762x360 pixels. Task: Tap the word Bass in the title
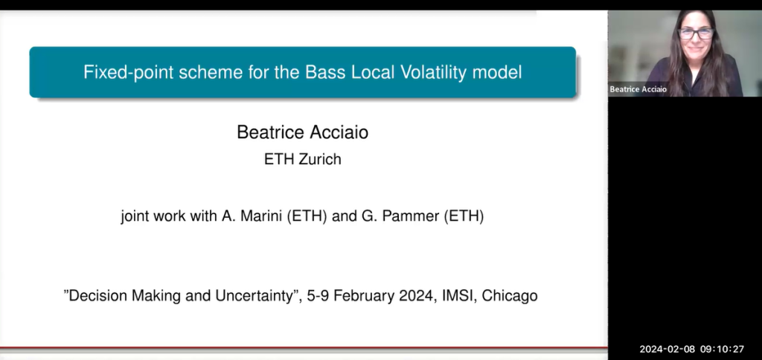coord(323,73)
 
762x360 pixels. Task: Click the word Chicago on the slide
coord(510,295)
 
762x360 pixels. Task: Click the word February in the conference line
coord(360,295)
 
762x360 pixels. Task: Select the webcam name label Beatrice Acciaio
coord(637,90)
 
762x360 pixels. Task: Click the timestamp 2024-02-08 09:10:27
coord(691,349)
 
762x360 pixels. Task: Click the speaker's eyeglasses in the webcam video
coord(696,33)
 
